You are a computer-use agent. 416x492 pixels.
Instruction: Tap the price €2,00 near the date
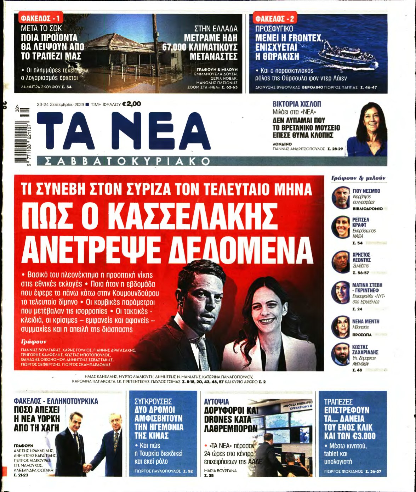pyautogui.click(x=131, y=104)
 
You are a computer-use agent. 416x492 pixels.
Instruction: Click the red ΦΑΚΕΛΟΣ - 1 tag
pyautogui.click(x=40, y=18)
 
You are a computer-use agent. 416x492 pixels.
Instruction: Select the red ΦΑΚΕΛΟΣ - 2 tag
pyautogui.click(x=275, y=18)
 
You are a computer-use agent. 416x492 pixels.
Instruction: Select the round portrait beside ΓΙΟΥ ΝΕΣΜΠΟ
pyautogui.click(x=341, y=198)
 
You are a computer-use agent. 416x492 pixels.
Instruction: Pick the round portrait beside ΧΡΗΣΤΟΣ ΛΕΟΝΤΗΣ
pyautogui.click(x=341, y=262)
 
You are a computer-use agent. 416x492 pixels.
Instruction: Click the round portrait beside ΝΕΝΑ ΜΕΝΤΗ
pyautogui.click(x=341, y=327)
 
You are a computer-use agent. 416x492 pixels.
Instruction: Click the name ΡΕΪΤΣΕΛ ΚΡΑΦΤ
pyautogui.click(x=360, y=222)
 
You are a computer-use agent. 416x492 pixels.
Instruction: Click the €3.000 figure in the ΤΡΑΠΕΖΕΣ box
pyautogui.click(x=362, y=436)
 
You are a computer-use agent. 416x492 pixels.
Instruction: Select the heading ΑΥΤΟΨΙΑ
pyautogui.click(x=216, y=402)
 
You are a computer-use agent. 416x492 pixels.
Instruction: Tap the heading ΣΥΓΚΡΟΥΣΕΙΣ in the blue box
pyautogui.click(x=153, y=402)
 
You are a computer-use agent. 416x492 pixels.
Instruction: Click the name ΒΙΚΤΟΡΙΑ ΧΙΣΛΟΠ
pyautogui.click(x=296, y=104)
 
